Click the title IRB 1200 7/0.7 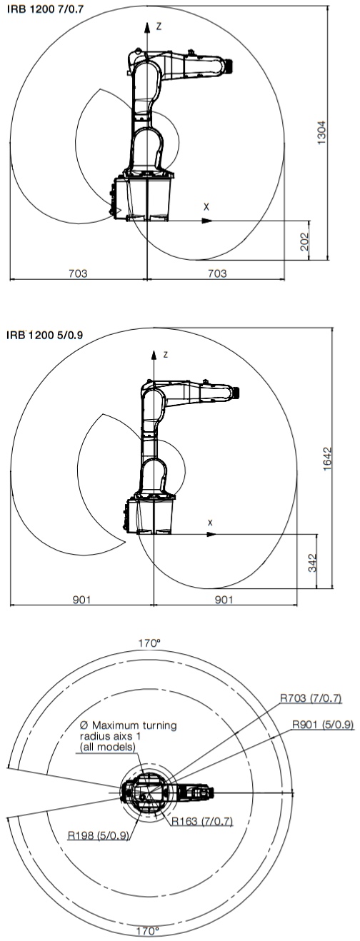[x=45, y=9]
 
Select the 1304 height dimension [x=321, y=133]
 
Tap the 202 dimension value [x=305, y=241]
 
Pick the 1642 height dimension [x=327, y=459]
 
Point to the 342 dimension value [x=313, y=562]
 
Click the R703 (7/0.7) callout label [x=311, y=698]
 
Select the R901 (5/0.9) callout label [x=323, y=724]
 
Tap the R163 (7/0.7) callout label [x=202, y=821]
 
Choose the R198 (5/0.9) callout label [x=99, y=835]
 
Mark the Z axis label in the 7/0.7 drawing [x=159, y=26]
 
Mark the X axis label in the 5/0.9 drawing [x=211, y=523]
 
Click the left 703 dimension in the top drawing [x=78, y=273]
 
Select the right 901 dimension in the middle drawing [x=224, y=599]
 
